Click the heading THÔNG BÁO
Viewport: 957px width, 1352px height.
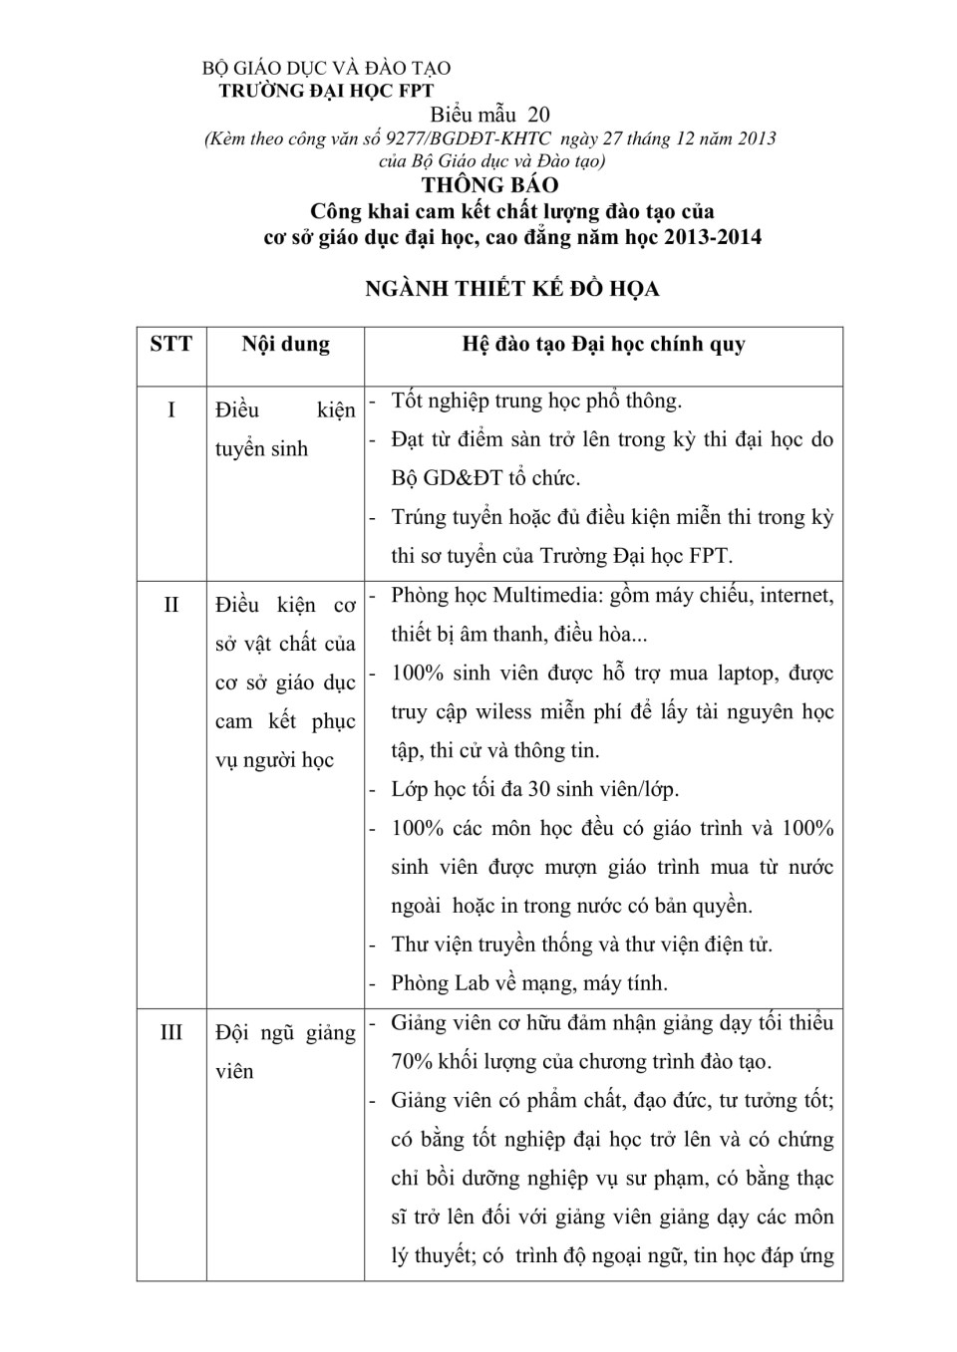489,185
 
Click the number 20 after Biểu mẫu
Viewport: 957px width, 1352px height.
539,115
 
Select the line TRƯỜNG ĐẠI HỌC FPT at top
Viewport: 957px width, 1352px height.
326,91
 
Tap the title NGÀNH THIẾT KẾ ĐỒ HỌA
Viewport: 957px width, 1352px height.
511,289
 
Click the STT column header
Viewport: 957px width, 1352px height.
171,345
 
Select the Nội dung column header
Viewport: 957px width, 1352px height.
285,345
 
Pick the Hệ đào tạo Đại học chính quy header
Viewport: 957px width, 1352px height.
603,345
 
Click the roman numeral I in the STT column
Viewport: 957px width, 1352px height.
171,410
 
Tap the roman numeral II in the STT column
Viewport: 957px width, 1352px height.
171,605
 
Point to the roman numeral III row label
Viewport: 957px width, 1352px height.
171,1032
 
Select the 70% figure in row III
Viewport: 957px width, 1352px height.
412,1062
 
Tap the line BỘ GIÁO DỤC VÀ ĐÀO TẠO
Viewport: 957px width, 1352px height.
326,69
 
